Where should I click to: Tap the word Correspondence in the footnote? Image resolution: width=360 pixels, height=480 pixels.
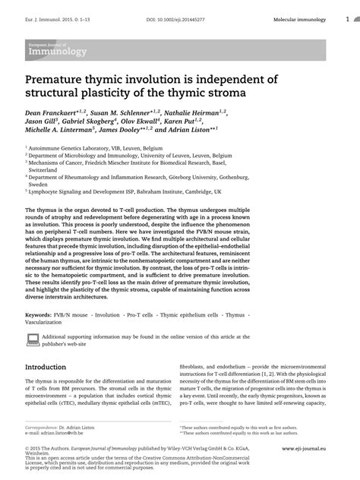tap(45, 428)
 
